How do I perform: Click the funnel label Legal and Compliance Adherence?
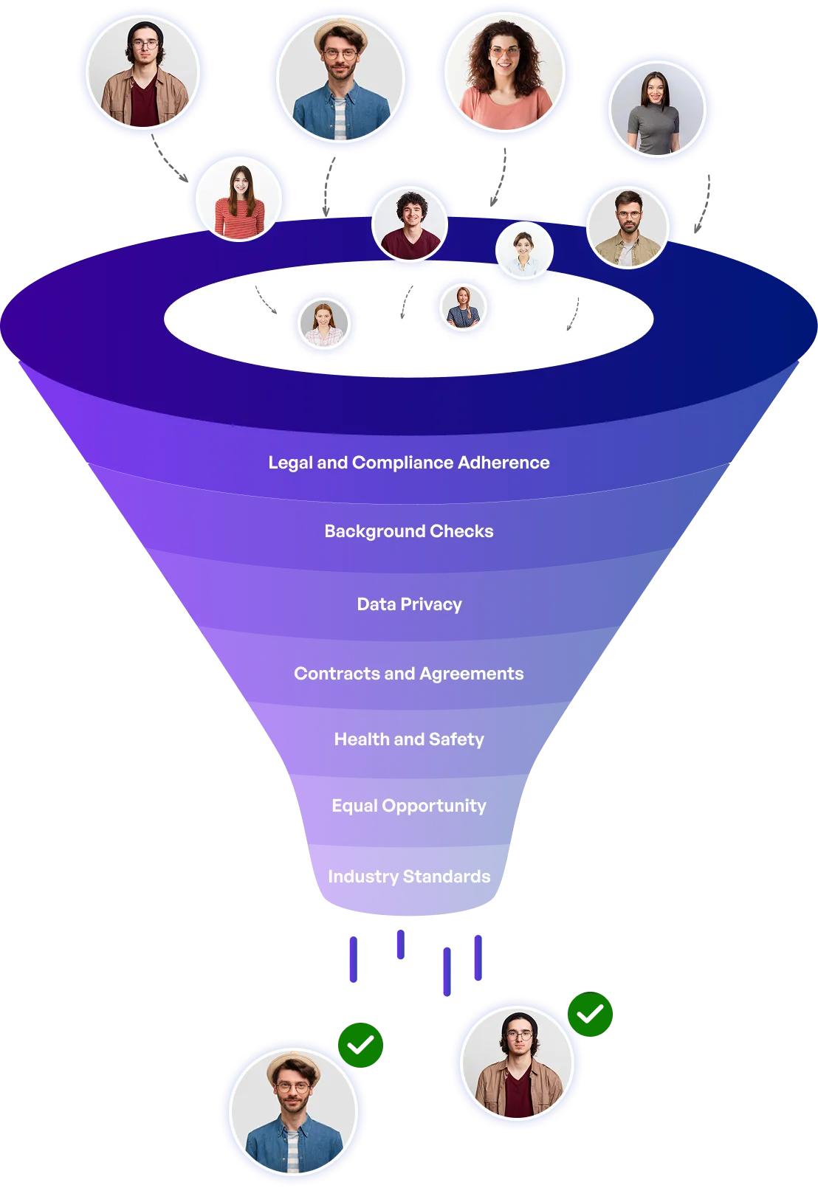tap(408, 463)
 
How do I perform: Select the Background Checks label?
tap(408, 531)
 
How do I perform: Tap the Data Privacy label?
tap(409, 604)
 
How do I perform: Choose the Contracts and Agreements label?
tap(408, 674)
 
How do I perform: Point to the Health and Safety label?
tap(408, 739)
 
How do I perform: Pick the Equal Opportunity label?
tap(408, 806)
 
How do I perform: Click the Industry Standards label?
tap(408, 876)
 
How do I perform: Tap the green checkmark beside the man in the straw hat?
tap(360, 1045)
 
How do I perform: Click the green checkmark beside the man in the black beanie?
tap(590, 1014)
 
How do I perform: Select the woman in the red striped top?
tap(238, 198)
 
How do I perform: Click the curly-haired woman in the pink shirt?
tap(504, 72)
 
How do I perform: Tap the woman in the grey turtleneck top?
tap(657, 108)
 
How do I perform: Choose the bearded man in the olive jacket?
tap(628, 227)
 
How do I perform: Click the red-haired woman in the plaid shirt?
tap(323, 322)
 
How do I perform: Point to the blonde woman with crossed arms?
tap(463, 306)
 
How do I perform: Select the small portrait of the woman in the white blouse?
tap(524, 250)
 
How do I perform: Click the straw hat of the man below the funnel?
tap(293, 1067)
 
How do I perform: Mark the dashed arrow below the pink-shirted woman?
tap(499, 176)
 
